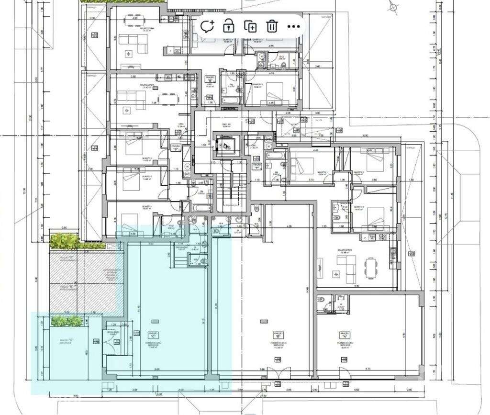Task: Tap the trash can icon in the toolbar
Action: [x=272, y=26]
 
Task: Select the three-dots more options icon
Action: [x=293, y=26]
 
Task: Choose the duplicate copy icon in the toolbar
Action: [x=250, y=26]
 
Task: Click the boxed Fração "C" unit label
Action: [x=153, y=334]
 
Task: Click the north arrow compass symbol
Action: [x=393, y=7]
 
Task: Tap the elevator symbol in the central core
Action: [x=224, y=144]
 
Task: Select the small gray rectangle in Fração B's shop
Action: [x=261, y=321]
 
